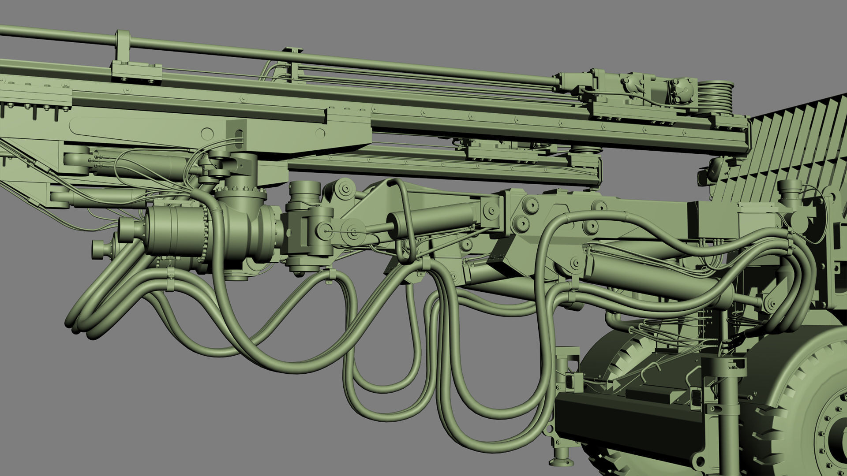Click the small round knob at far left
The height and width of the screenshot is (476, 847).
[98, 250]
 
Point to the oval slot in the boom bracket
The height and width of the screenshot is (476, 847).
[239, 137]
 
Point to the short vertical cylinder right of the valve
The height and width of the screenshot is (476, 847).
[304, 194]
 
